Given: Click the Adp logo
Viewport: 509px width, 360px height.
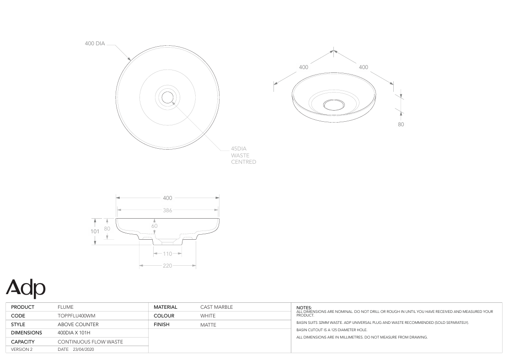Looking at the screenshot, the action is [26, 288].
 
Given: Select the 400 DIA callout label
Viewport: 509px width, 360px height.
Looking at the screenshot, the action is [95, 43].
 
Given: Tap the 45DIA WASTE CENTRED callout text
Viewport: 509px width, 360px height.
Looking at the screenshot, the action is [243, 155].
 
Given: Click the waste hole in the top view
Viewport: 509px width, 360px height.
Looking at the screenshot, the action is [167, 97].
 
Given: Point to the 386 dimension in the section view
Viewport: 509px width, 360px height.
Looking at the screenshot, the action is [167, 210].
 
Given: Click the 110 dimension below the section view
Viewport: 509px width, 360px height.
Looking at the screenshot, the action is [167, 254].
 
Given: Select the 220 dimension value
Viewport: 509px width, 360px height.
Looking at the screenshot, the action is [167, 266].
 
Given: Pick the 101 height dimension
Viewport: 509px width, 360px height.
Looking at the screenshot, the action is [95, 231].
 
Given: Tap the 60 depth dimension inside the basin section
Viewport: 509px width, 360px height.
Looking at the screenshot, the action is [155, 226].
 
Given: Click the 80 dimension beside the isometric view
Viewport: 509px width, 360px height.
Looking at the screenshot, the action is [401, 124].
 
